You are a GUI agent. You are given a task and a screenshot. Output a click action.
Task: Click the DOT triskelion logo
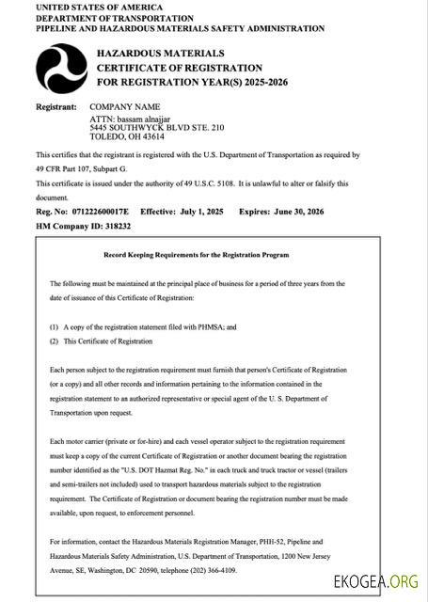click(x=62, y=70)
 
